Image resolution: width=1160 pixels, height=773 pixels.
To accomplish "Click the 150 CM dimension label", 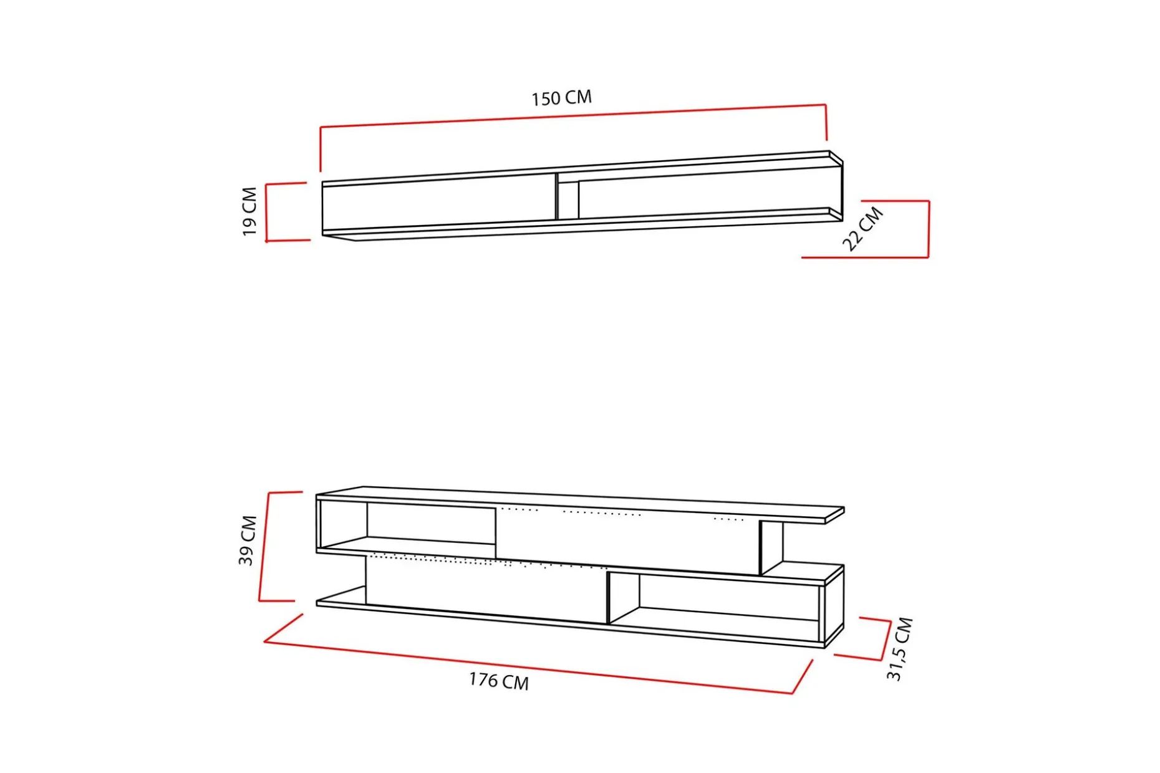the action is (x=561, y=98).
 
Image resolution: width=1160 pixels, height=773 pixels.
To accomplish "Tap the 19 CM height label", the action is (x=249, y=211).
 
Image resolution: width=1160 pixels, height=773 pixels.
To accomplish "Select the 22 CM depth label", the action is (x=863, y=229).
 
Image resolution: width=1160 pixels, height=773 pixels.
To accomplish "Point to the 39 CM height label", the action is (x=248, y=540).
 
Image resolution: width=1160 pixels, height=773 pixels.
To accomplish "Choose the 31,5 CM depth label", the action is (x=899, y=648).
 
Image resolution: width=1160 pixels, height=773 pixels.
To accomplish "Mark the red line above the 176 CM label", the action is (x=538, y=666).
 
